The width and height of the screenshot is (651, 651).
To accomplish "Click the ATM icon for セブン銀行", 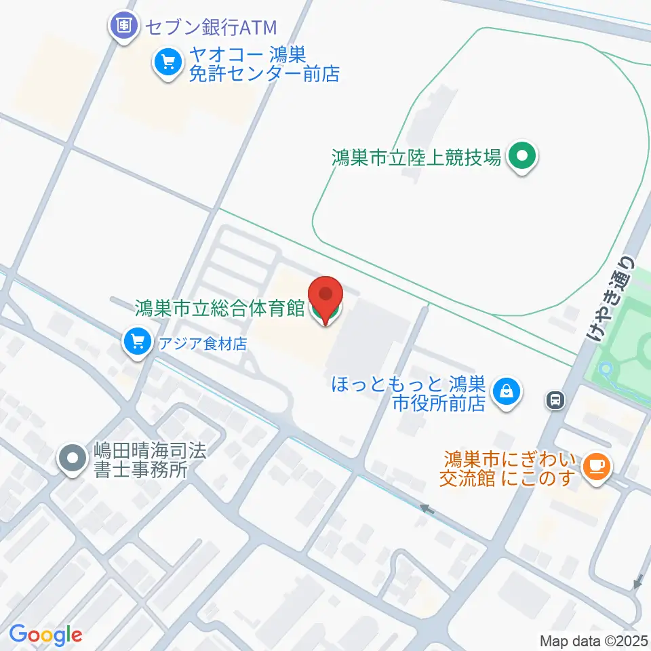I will pos(123,28).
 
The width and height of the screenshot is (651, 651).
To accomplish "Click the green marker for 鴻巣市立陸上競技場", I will pos(521,157).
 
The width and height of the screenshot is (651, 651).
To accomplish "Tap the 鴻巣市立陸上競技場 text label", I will pos(416,158).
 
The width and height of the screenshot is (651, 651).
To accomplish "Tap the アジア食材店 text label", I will pos(203,343).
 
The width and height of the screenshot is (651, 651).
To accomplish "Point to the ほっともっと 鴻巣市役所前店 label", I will pos(409,394).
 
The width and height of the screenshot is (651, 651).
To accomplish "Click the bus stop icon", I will pos(555,400).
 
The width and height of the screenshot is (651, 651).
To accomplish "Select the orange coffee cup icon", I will pos(597,467).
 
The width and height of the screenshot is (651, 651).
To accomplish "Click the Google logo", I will pos(45,635).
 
